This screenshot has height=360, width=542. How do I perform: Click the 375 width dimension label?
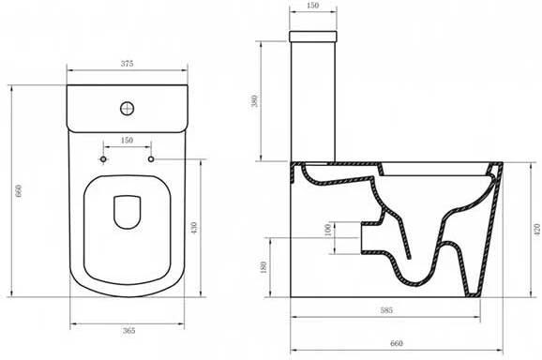point(127,64)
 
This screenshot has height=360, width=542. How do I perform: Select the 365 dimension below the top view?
point(128,331)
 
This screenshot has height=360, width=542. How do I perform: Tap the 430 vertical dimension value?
point(194,228)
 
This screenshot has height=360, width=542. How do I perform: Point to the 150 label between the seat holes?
point(127,141)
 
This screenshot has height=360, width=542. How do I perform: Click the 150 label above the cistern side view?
point(312,6)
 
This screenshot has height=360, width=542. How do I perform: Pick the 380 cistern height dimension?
point(255,101)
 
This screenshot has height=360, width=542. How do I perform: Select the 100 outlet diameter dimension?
point(328,230)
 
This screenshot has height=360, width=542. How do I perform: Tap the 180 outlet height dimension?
point(263,267)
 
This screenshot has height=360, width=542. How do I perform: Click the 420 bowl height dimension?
point(536,230)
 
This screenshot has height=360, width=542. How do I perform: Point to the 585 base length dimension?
point(386,310)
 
